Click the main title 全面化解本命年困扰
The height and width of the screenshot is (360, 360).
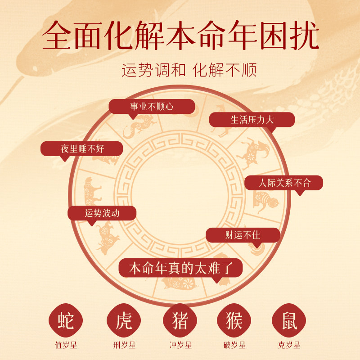point(180,36)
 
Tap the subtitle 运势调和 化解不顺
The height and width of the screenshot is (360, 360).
point(189,71)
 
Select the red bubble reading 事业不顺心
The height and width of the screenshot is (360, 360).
point(152,107)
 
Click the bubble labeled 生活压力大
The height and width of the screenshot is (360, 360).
point(252,119)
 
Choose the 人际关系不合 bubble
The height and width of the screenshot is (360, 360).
point(284,183)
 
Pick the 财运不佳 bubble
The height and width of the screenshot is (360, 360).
point(243,234)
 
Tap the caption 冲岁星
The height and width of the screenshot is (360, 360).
point(180,346)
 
